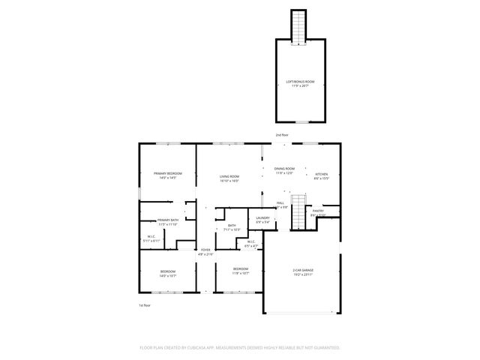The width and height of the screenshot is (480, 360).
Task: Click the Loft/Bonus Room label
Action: [299, 81]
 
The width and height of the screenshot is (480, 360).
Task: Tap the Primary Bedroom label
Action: [168, 173]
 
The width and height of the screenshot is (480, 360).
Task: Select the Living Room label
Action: [229, 176]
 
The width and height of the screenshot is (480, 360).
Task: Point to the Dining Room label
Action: [284, 169]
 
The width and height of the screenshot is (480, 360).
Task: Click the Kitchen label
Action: [321, 173]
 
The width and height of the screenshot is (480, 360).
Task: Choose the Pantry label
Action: [318, 211]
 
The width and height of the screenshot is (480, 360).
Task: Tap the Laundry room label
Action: [263, 217]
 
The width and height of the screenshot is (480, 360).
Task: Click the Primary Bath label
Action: [167, 220]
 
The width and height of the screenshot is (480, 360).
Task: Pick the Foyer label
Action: [205, 250]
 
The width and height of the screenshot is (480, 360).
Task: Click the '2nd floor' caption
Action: [281, 135]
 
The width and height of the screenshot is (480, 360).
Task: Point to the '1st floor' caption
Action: [145, 305]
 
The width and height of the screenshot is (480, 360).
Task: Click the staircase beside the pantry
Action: [299, 213]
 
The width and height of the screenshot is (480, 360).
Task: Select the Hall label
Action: [280, 202]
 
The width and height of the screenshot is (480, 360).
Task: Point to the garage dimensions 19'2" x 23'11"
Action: [303, 274]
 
